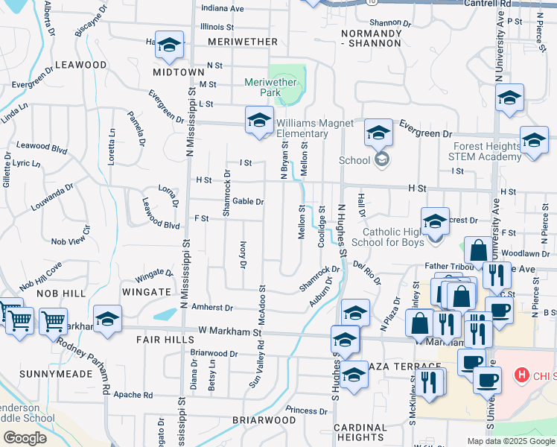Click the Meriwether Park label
[x=264, y=87]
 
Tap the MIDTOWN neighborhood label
[x=179, y=72]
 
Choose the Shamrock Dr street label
[x=227, y=193]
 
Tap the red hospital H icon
[x=522, y=375]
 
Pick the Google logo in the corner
[x=25, y=438]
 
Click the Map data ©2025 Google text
[x=511, y=441]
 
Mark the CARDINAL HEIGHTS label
[x=359, y=432]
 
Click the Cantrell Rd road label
[x=522, y=4]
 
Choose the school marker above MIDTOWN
[x=170, y=46]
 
